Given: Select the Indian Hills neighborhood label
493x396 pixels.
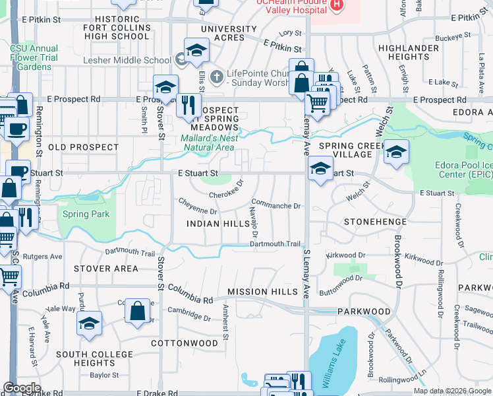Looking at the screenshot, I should coord(217,224).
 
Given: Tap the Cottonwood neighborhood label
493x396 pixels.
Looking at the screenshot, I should coord(185,344).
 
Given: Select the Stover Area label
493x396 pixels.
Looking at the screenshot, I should coord(106,269).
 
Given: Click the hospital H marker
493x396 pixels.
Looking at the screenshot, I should coord(337,5).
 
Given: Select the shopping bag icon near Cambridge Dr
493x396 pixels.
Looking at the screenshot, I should coord(138,311).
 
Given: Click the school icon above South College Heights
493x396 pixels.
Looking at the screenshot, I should coord(89,323).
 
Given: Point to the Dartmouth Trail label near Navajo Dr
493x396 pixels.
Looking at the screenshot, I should coord(275,244).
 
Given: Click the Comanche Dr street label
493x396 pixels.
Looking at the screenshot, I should coord(276,206).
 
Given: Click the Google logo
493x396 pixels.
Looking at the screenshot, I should coord(22,388).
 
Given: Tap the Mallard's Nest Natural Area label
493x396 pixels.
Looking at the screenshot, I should coord(208,143).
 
